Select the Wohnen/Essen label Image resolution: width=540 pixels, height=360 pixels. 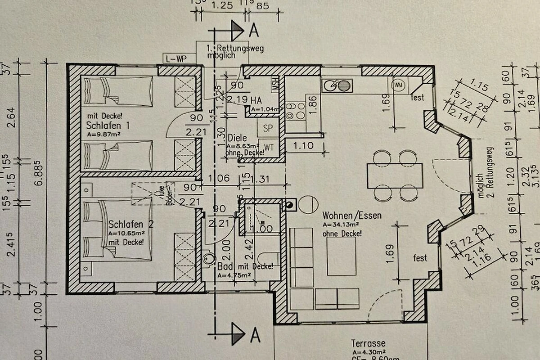point(352,216)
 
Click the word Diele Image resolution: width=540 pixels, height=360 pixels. point(238,138)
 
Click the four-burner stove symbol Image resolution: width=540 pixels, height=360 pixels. point(295,111)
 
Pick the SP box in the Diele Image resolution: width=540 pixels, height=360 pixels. point(268,128)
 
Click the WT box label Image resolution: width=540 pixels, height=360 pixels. point(269,147)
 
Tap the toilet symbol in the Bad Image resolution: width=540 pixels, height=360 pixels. point(208,258)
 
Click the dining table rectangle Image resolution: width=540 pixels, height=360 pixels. point(395,175)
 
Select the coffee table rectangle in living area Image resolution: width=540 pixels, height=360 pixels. point(341,256)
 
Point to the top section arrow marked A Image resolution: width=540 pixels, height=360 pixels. point(237,30)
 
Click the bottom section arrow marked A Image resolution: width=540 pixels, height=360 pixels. point(238,334)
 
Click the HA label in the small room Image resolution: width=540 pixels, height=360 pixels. point(256,99)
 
